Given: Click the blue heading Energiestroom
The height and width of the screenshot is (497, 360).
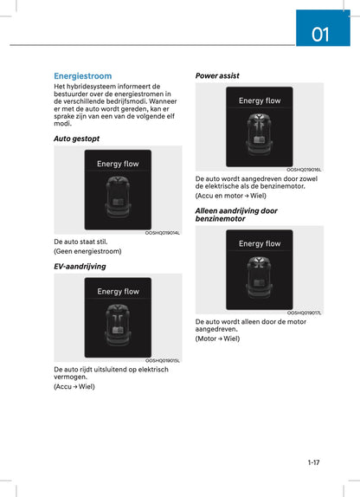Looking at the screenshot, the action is click(x=82, y=76).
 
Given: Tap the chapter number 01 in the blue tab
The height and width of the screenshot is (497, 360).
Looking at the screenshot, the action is click(x=320, y=35).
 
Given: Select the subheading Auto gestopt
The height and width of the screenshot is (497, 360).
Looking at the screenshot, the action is click(x=76, y=139).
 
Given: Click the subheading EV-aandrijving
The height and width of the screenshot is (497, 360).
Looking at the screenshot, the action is click(x=80, y=267).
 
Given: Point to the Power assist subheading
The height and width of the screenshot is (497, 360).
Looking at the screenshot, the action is click(x=217, y=75).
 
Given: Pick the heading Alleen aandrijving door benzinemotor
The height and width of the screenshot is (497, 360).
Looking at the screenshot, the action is click(x=236, y=215).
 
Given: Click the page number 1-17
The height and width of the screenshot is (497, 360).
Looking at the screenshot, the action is click(x=313, y=462).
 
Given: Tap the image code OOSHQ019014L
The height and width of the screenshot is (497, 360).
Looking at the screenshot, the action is click(x=163, y=233).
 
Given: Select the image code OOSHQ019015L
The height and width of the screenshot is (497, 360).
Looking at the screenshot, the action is click(x=163, y=360).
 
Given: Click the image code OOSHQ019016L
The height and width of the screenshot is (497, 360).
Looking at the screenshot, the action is click(x=304, y=170).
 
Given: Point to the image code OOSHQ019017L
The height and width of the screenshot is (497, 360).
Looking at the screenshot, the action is click(x=304, y=313).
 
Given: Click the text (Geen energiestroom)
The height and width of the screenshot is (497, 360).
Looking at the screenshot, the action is click(x=87, y=251).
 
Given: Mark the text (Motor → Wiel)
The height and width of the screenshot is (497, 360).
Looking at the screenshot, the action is click(x=217, y=339).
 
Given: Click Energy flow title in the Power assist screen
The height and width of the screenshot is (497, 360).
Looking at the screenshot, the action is click(x=260, y=101).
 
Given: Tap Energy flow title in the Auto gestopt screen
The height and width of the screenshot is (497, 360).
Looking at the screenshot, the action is click(x=118, y=164).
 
